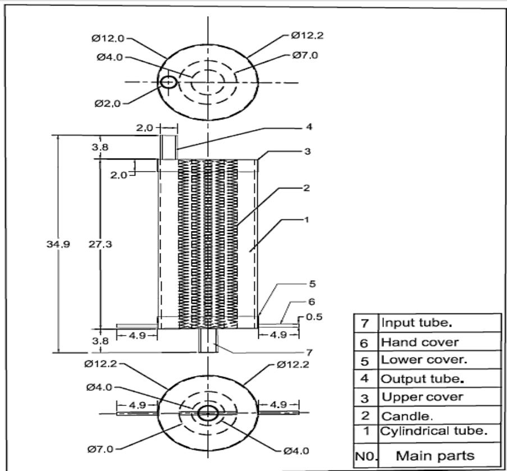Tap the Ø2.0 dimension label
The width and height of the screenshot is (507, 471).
(109, 104)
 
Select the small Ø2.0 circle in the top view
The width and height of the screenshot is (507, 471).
(168, 82)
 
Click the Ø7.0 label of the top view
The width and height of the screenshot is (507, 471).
(307, 56)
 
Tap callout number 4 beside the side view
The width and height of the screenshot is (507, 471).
(309, 127)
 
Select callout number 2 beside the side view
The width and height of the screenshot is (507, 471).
(306, 188)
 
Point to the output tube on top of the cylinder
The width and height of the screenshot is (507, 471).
(168, 147)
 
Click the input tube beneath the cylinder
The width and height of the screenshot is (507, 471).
(208, 341)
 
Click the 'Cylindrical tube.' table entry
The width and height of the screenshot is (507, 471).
(433, 432)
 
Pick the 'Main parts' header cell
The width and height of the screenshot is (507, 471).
(436, 455)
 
